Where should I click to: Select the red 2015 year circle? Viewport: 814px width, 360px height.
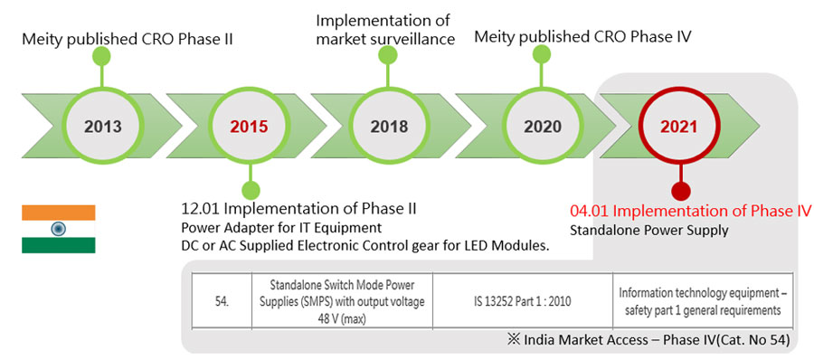(x=250, y=127)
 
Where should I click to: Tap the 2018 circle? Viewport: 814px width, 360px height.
(x=389, y=127)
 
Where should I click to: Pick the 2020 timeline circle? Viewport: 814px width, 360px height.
(x=543, y=127)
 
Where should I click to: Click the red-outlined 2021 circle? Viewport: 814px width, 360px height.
(x=679, y=127)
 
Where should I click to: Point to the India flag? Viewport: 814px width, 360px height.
(x=58, y=229)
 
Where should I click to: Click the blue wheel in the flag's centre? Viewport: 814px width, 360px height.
(x=58, y=229)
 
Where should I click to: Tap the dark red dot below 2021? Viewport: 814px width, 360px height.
(x=680, y=191)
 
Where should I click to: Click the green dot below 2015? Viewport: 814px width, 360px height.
(x=251, y=191)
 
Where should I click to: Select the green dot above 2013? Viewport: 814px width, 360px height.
(x=101, y=56)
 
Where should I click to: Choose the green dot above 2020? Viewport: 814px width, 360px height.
(x=542, y=54)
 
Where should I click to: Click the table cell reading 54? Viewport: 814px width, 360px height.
(x=222, y=302)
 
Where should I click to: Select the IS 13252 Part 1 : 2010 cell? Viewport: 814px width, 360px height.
(x=522, y=302)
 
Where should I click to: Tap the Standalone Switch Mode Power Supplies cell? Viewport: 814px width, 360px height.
(x=342, y=302)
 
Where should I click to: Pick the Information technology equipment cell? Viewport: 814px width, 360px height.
(x=703, y=302)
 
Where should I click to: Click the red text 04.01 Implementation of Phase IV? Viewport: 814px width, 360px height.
(x=690, y=211)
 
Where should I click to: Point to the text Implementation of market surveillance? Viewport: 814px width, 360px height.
(x=385, y=30)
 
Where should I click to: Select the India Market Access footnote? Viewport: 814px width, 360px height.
(x=649, y=340)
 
